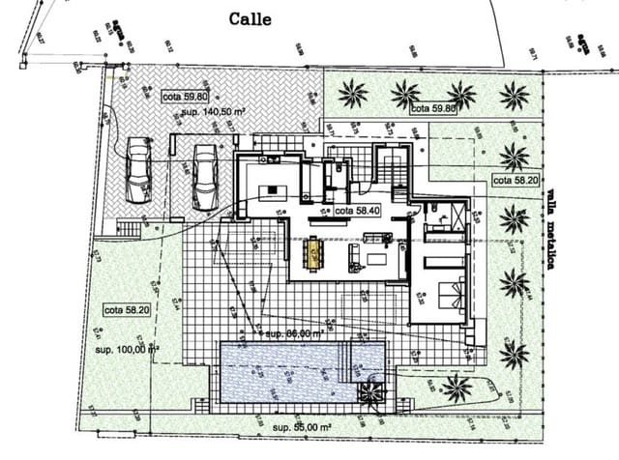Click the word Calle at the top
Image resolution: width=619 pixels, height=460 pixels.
click(x=250, y=18)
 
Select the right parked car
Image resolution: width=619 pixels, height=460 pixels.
click(x=204, y=176)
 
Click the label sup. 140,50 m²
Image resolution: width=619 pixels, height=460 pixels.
click(x=212, y=112)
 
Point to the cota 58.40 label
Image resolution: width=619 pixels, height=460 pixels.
click(x=359, y=210)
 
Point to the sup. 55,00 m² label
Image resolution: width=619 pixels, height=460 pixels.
click(x=307, y=426)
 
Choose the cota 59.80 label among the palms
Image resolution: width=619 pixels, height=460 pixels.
click(x=433, y=109)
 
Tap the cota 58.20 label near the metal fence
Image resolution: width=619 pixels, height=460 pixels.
click(x=515, y=180)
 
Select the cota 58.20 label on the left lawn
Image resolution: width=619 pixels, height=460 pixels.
click(x=127, y=310)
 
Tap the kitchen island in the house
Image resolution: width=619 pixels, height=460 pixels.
click(x=274, y=189)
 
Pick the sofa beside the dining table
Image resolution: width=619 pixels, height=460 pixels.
click(x=354, y=256)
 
